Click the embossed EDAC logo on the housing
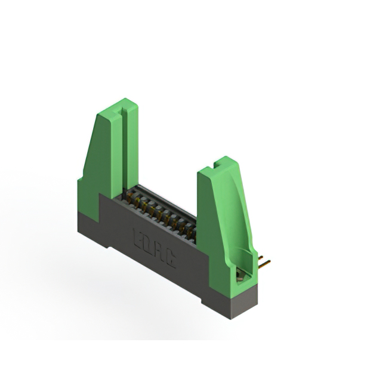(x=153, y=246)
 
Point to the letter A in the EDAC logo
(x=159, y=250)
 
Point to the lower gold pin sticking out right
(x=264, y=263)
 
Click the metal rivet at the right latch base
(x=239, y=275)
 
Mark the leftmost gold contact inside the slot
(x=128, y=200)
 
